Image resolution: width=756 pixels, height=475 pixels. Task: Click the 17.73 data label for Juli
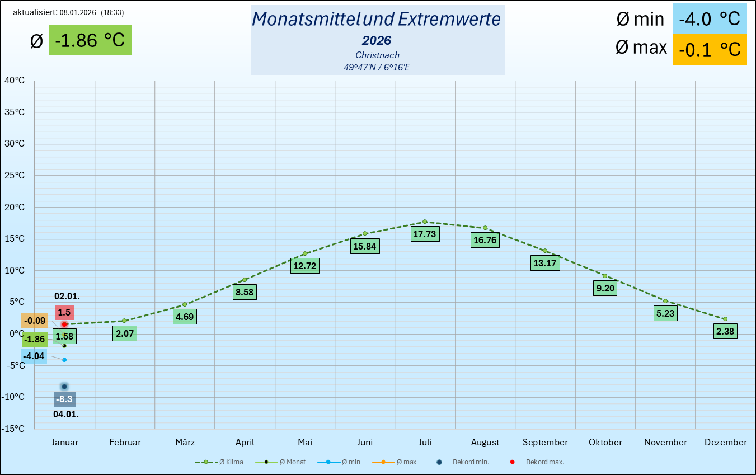(425, 234)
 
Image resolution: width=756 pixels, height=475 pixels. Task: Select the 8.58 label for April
(245, 292)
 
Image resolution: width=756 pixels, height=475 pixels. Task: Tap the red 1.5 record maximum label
(64, 313)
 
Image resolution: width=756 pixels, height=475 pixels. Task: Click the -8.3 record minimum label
(64, 399)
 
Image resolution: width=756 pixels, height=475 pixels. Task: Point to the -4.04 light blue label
(34, 356)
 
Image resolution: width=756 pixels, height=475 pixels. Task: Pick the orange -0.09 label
(35, 321)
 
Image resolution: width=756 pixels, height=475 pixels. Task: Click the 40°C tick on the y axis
(15, 81)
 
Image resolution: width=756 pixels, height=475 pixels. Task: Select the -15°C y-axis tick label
(13, 429)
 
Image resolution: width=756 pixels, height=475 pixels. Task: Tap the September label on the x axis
(545, 443)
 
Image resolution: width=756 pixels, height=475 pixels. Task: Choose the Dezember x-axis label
(725, 443)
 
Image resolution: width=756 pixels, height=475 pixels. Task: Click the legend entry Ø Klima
(219, 462)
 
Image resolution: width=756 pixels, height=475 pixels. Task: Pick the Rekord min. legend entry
(464, 462)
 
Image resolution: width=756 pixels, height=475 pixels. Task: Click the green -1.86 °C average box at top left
(90, 40)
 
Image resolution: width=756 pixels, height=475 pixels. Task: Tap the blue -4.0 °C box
(709, 19)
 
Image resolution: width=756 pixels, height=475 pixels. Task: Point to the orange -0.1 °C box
(709, 49)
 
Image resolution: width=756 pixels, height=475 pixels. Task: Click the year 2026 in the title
(377, 40)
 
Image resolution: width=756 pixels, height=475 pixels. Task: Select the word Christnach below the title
(377, 55)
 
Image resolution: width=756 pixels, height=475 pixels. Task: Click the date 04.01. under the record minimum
(65, 415)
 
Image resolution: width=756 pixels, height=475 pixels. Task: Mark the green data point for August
(485, 228)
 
